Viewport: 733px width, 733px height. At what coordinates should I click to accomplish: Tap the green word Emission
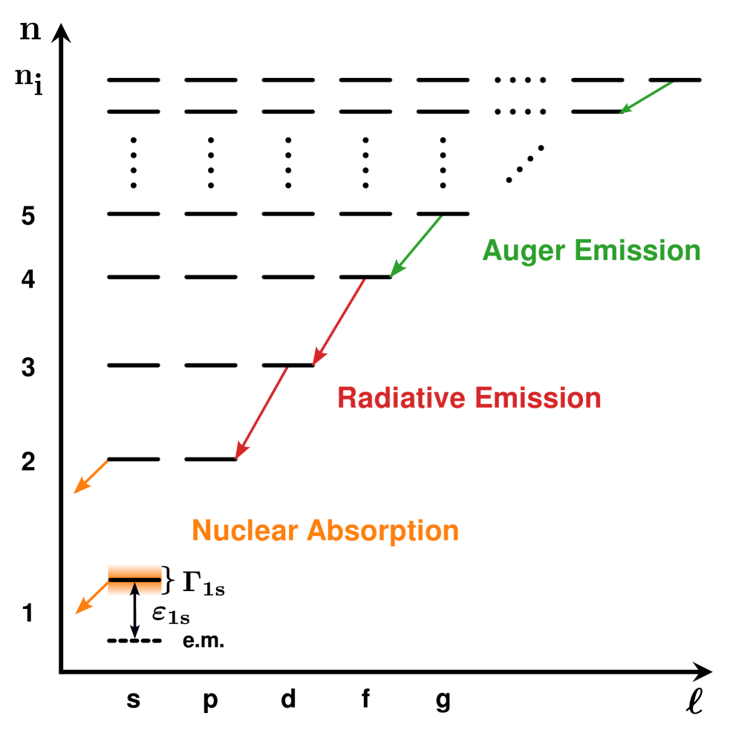(638, 251)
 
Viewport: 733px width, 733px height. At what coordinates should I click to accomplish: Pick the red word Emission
(538, 398)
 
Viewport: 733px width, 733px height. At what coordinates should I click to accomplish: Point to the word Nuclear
(245, 531)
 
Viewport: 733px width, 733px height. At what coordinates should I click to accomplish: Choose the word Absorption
(382, 531)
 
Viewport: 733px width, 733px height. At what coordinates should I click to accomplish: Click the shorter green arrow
(646, 98)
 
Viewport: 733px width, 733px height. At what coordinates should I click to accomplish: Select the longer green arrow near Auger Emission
(416, 247)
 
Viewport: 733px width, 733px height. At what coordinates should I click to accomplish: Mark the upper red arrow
(339, 322)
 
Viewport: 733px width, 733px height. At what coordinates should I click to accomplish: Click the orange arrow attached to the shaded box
(92, 597)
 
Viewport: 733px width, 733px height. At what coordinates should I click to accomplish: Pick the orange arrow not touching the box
(91, 477)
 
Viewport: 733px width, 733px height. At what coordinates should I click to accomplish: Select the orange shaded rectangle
(134, 580)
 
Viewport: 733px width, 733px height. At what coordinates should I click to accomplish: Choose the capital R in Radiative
(347, 398)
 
